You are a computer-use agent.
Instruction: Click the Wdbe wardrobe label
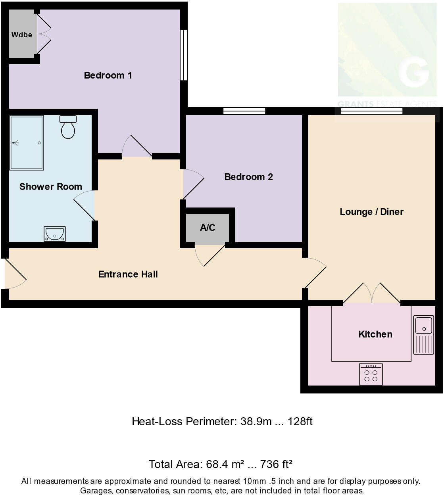(21, 35)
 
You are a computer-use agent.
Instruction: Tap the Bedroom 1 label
(108, 75)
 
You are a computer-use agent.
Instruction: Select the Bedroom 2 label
(248, 177)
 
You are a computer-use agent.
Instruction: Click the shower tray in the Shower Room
(27, 143)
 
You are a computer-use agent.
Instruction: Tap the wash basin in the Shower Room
(54, 234)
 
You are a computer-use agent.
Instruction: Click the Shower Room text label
(50, 187)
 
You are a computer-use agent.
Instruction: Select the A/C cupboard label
(208, 228)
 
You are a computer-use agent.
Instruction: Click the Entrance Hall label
(128, 274)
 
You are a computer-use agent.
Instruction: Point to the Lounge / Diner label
(371, 212)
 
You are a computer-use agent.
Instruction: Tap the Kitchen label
(375, 334)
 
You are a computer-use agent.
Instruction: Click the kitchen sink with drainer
(424, 334)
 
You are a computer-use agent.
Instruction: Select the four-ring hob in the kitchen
(371, 374)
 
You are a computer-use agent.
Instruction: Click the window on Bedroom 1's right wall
(183, 55)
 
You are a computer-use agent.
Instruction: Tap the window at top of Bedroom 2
(244, 111)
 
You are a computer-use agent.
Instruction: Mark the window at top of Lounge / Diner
(372, 111)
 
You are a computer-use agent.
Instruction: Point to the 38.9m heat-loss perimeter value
(256, 421)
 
